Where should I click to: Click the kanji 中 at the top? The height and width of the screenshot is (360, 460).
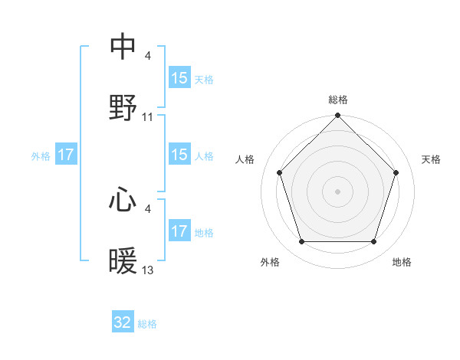pyautogui.click(x=123, y=47)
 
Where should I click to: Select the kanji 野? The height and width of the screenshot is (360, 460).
pyautogui.click(x=123, y=108)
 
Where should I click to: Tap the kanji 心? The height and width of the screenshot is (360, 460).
pyautogui.click(x=123, y=200)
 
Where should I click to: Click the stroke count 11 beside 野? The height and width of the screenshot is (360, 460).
pyautogui.click(x=148, y=117)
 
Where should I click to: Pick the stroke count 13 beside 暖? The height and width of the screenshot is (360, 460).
pyautogui.click(x=148, y=270)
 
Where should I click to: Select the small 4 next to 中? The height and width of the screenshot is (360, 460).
pyautogui.click(x=147, y=55)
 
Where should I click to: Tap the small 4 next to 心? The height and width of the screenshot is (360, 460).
pyautogui.click(x=147, y=208)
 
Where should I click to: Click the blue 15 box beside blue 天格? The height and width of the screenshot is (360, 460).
pyautogui.click(x=179, y=78)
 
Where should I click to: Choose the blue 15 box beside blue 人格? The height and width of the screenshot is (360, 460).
pyautogui.click(x=179, y=155)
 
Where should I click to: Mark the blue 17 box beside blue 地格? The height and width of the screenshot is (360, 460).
pyautogui.click(x=179, y=231)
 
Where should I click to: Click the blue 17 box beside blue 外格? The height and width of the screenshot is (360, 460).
pyautogui.click(x=66, y=155)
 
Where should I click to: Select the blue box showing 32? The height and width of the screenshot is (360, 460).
pyautogui.click(x=123, y=322)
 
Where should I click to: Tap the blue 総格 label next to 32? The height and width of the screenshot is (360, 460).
pyautogui.click(x=147, y=324)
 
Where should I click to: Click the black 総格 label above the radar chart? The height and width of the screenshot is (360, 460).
pyautogui.click(x=338, y=100)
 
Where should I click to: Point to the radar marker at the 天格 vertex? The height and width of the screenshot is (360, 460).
pyautogui.click(x=396, y=172)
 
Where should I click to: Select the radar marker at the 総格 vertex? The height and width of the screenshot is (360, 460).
pyautogui.click(x=338, y=116)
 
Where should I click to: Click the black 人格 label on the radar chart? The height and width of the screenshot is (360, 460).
pyautogui.click(x=246, y=159)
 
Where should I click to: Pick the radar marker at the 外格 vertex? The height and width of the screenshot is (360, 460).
pyautogui.click(x=301, y=242)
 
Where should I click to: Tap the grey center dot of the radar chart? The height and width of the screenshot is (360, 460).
pyautogui.click(x=338, y=191)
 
